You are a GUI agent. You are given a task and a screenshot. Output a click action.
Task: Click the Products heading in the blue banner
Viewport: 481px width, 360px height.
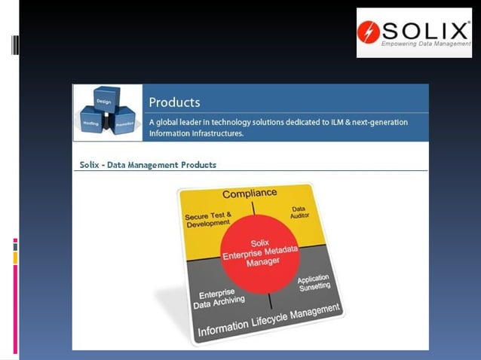pyautogui.click(x=174, y=102)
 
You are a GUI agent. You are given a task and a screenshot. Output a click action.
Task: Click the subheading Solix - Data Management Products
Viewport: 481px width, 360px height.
pyautogui.click(x=148, y=164)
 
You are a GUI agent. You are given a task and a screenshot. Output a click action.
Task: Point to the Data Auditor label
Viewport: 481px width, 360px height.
pyautogui.click(x=299, y=213)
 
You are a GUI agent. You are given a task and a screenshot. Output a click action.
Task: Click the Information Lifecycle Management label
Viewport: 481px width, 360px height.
pyautogui.click(x=269, y=319)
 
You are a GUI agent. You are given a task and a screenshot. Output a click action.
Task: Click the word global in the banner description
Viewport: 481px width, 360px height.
pyautogui.click(x=171, y=122)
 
